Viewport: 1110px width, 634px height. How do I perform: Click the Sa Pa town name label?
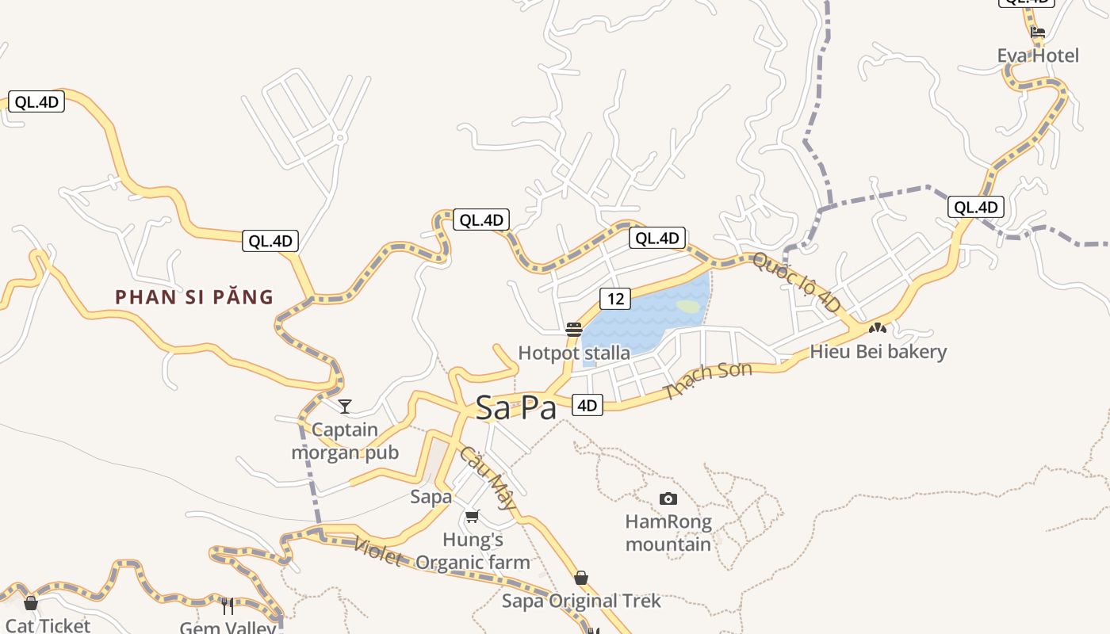coord(515,407)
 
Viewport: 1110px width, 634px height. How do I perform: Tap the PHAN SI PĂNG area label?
coord(194,297)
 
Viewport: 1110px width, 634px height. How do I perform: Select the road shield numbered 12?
coord(615,299)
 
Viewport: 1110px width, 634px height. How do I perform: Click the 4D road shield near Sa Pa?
coord(587,406)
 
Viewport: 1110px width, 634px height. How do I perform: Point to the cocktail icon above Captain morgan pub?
coord(345,407)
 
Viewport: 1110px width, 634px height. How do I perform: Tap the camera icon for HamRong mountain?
coord(668,498)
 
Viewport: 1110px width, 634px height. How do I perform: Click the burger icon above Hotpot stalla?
coord(574,330)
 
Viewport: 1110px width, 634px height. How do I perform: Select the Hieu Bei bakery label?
coord(878,351)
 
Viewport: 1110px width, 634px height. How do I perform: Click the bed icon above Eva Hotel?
coord(1038,32)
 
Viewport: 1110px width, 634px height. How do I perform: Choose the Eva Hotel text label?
coord(1038,55)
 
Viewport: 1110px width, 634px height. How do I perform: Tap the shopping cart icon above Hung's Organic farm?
coord(473,517)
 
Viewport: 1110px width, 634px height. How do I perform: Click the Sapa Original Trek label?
coord(581,601)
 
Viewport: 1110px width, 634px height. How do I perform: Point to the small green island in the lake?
coord(688,306)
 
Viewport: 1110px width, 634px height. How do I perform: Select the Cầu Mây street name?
coord(488,479)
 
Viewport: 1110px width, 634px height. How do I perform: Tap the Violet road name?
coord(377,552)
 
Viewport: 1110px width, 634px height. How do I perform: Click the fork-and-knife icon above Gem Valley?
coord(228,606)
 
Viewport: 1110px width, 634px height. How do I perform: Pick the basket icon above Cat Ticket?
coord(31,603)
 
